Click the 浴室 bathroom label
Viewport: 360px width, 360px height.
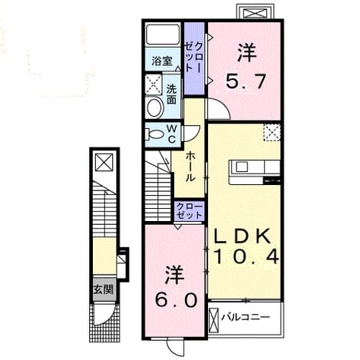pyautogui.click(x=162, y=61)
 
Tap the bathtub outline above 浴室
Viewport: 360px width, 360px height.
pyautogui.click(x=163, y=35)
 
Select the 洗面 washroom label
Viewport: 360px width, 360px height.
pyautogui.click(x=171, y=94)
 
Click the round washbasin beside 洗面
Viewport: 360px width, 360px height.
pyautogui.click(x=154, y=108)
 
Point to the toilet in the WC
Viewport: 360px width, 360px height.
pyautogui.click(x=154, y=134)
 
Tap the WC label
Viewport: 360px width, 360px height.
pyautogui.click(x=172, y=134)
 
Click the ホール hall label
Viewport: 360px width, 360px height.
pyautogui.click(x=190, y=167)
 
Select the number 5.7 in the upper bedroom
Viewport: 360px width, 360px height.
pyautogui.click(x=245, y=82)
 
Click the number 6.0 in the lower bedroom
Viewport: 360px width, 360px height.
pyautogui.click(x=177, y=300)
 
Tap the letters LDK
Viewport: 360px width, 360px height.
pyautogui.click(x=243, y=236)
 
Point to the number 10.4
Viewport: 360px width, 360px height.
pyautogui.click(x=246, y=257)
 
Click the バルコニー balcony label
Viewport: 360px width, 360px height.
pyautogui.click(x=246, y=318)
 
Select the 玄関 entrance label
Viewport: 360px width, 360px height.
pyautogui.click(x=103, y=289)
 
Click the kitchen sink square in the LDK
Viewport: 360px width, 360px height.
pyautogui.click(x=241, y=167)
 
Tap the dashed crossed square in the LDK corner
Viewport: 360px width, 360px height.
pyautogui.click(x=272, y=132)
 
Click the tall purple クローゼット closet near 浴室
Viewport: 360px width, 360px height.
pyautogui.click(x=194, y=58)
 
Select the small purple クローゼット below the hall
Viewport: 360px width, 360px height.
pyautogui.click(x=190, y=211)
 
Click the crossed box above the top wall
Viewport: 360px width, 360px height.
pyautogui.click(x=255, y=13)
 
